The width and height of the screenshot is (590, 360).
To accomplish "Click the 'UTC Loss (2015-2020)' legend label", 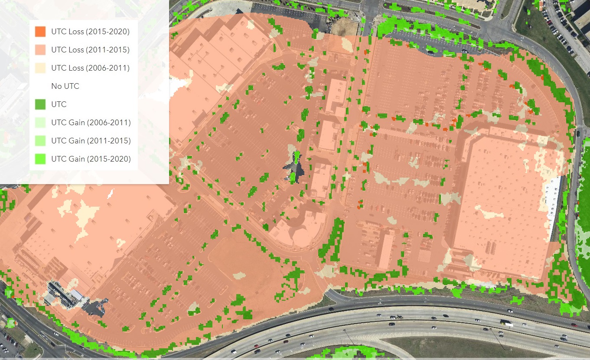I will [x=90, y=32].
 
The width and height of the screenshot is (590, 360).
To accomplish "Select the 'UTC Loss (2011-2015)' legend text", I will [x=90, y=50].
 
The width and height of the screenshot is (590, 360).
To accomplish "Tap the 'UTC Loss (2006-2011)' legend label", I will [x=90, y=68].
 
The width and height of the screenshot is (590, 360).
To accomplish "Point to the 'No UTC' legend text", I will [x=65, y=86].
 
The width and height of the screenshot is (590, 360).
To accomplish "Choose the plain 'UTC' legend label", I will [x=59, y=104].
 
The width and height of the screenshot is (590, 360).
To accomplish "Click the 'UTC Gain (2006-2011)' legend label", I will [x=91, y=123].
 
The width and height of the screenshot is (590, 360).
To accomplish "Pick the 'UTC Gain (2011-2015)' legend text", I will [x=91, y=141].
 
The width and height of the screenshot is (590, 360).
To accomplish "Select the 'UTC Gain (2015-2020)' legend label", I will [x=91, y=159].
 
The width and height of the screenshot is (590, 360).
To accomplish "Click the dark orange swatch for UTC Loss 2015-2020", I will [x=40, y=32].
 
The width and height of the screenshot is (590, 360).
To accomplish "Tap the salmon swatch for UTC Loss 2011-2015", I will [x=40, y=50].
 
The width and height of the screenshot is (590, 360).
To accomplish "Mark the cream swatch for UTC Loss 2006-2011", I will [x=40, y=68].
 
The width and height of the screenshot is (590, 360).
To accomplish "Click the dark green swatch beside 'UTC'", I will [x=40, y=104].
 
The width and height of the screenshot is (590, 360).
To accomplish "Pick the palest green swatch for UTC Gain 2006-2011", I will [x=40, y=123].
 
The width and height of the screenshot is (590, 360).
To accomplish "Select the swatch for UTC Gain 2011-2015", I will [x=40, y=141].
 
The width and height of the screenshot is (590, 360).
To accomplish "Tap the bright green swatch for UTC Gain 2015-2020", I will [x=40, y=159].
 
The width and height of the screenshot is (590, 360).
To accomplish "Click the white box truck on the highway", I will [x=506, y=323].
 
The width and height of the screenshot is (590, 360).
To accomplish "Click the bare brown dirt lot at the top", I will [x=345, y=26].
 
